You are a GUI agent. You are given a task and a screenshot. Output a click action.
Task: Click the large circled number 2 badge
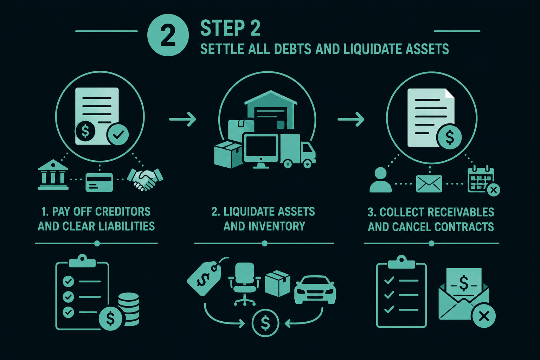point(168,35)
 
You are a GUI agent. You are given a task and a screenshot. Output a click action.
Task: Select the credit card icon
point(99,182)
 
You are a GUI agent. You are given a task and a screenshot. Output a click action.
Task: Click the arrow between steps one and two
point(182,119)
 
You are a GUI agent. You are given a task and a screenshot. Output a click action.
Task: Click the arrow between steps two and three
point(351,119)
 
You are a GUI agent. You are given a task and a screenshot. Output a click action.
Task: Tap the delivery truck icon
point(298,151)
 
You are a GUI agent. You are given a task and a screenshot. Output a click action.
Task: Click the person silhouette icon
point(381,180)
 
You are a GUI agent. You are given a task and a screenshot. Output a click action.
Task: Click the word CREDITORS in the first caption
point(123,212)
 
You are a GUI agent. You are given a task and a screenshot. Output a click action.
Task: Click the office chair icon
point(244,284)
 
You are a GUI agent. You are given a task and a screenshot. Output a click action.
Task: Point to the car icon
point(315,289)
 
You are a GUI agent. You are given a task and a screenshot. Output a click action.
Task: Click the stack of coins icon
point(128,309)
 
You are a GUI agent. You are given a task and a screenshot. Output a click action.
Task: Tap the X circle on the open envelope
point(484,316)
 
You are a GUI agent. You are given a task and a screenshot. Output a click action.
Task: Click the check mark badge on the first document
point(118,134)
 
